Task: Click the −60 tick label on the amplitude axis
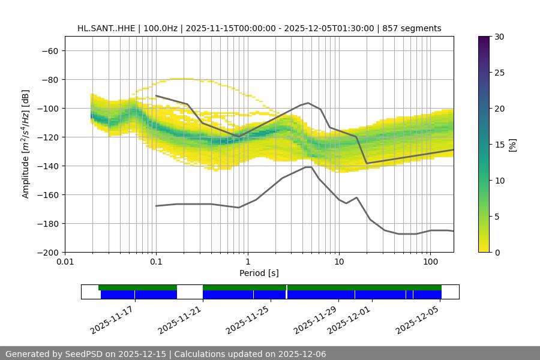pyautogui.click(x=49, y=51)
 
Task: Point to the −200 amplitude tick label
pyautogui.click(x=47, y=253)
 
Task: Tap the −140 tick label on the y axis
pyautogui.click(x=47, y=166)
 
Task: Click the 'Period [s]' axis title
pyautogui.click(x=259, y=273)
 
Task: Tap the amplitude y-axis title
pyautogui.click(x=26, y=144)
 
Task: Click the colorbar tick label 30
pyautogui.click(x=499, y=37)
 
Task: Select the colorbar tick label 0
pyautogui.click(x=496, y=253)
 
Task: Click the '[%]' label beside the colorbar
pyautogui.click(x=512, y=145)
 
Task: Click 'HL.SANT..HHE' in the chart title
pyautogui.click(x=106, y=28)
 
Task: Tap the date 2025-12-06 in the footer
pyautogui.click(x=302, y=355)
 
